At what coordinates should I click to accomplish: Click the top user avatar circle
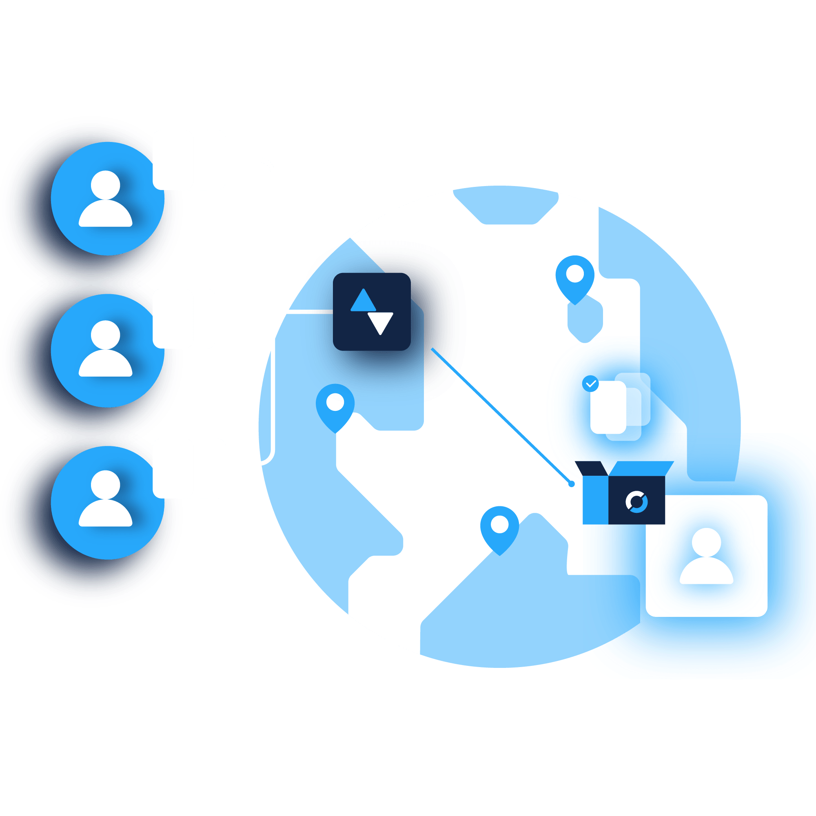[107, 199]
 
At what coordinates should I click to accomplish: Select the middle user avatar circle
[107, 350]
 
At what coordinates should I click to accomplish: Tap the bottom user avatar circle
[107, 502]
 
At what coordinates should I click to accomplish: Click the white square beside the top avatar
[189, 160]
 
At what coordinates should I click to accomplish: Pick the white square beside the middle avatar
[184, 319]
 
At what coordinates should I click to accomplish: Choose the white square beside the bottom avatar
[189, 468]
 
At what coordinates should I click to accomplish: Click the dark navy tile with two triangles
[372, 312]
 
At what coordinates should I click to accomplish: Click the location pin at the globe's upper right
[575, 277]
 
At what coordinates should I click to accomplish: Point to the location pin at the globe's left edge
[335, 405]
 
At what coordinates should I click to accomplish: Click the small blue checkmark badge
[590, 384]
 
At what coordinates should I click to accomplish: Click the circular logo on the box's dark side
[636, 502]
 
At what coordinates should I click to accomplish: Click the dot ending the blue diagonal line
[572, 484]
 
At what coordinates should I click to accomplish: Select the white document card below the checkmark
[608, 407]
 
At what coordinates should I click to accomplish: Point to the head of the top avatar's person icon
[106, 185]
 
